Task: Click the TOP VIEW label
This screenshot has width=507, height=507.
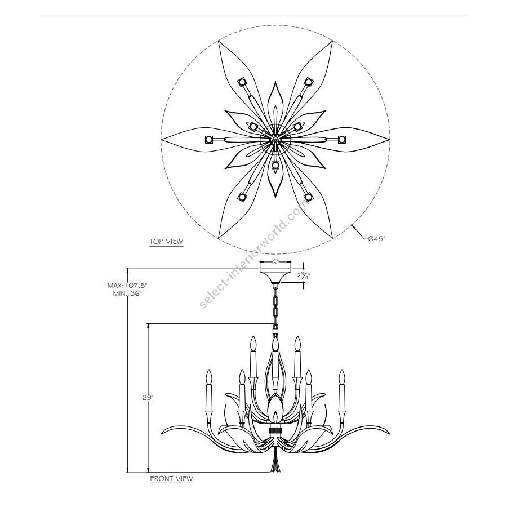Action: [x=166, y=241]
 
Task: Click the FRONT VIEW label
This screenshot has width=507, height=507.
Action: [x=171, y=478]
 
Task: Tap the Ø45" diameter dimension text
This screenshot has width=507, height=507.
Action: [x=377, y=239]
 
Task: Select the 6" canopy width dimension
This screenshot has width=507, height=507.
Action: [x=275, y=262]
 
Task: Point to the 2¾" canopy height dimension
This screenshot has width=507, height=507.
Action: [x=303, y=276]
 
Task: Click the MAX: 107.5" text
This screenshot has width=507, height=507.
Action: [x=127, y=286]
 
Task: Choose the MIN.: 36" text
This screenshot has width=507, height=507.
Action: [x=127, y=293]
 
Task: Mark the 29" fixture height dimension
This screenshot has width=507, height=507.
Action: [x=148, y=398]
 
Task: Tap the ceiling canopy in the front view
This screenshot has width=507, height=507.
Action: [x=275, y=275]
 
